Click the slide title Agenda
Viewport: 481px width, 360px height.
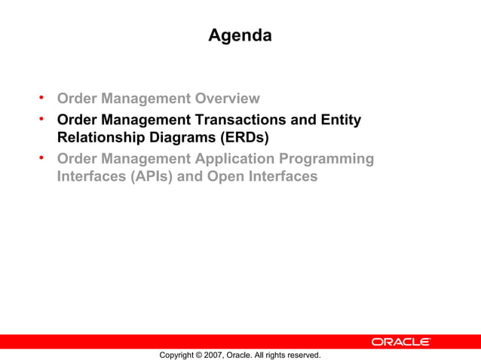click(x=240, y=35)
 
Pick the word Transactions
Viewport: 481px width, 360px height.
click(x=259, y=120)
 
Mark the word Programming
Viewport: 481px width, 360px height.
click(x=329, y=159)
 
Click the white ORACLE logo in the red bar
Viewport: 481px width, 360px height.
click(x=401, y=342)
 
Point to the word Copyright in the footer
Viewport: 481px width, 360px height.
click(x=176, y=355)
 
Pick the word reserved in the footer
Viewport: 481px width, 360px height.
click(x=303, y=355)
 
